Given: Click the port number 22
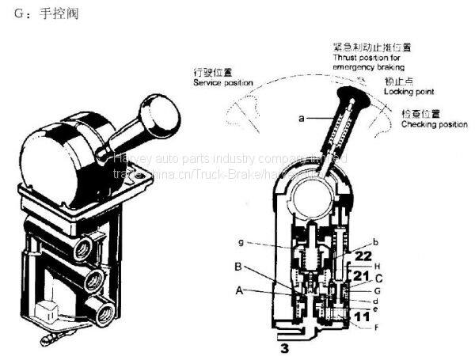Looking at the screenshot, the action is (363, 256).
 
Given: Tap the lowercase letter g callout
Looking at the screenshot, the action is (241, 241).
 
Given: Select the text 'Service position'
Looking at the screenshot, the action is (222, 82).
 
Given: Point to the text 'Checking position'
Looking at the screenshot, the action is (434, 124).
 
